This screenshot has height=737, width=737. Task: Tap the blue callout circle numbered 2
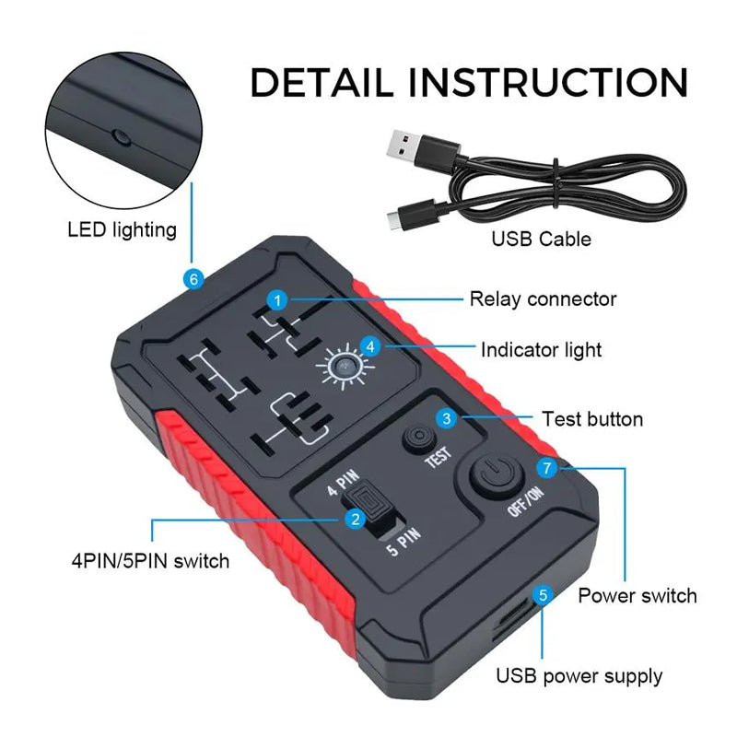point(352,519)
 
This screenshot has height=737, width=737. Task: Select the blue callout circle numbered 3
point(447,418)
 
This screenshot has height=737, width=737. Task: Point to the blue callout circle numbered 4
point(369,346)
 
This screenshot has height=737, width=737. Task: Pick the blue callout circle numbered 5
point(543,595)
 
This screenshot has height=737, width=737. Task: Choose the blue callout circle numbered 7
point(547,469)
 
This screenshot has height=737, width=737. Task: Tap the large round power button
point(496,478)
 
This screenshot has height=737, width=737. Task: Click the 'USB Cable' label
point(541,240)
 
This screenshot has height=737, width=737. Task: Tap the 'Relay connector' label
point(543,298)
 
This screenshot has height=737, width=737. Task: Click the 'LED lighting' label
point(122,229)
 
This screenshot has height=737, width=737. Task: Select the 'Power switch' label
point(637,595)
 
